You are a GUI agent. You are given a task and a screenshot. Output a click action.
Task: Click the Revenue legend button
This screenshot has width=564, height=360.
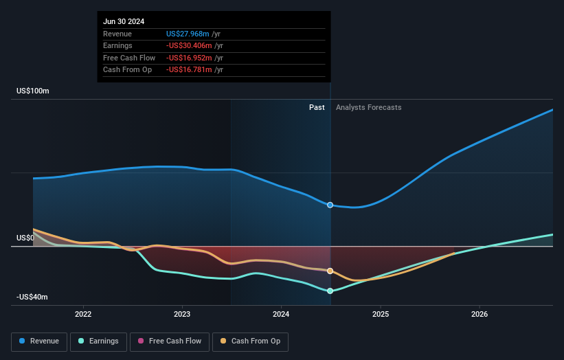[39, 341]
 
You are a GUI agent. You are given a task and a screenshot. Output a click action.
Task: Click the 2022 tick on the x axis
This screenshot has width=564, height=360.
[83, 314]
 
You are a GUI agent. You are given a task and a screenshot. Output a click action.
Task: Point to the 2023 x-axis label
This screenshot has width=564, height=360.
[182, 314]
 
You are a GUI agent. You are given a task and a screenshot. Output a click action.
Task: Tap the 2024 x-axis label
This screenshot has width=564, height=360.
[281, 314]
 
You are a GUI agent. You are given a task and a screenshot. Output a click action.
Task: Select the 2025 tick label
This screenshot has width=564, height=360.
[381, 314]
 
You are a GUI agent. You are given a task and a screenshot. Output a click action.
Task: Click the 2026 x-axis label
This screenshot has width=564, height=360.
[480, 314]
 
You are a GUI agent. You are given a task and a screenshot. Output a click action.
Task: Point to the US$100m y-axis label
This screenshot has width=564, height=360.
[33, 91]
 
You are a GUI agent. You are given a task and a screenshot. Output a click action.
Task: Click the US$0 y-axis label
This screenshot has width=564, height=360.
[25, 238]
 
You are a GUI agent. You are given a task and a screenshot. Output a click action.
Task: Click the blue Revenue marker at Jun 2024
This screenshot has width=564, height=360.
[330, 205]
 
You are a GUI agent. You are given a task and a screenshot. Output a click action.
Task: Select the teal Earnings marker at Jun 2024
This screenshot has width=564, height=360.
[330, 291]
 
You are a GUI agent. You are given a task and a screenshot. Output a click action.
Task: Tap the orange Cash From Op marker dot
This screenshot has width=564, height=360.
[330, 271]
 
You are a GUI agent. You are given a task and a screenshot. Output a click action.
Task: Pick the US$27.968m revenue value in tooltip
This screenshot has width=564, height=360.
[188, 34]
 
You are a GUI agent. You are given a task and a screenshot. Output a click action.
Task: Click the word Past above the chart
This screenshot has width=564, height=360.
[317, 107]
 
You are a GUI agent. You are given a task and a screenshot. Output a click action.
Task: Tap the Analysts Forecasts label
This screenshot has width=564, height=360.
[368, 107]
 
